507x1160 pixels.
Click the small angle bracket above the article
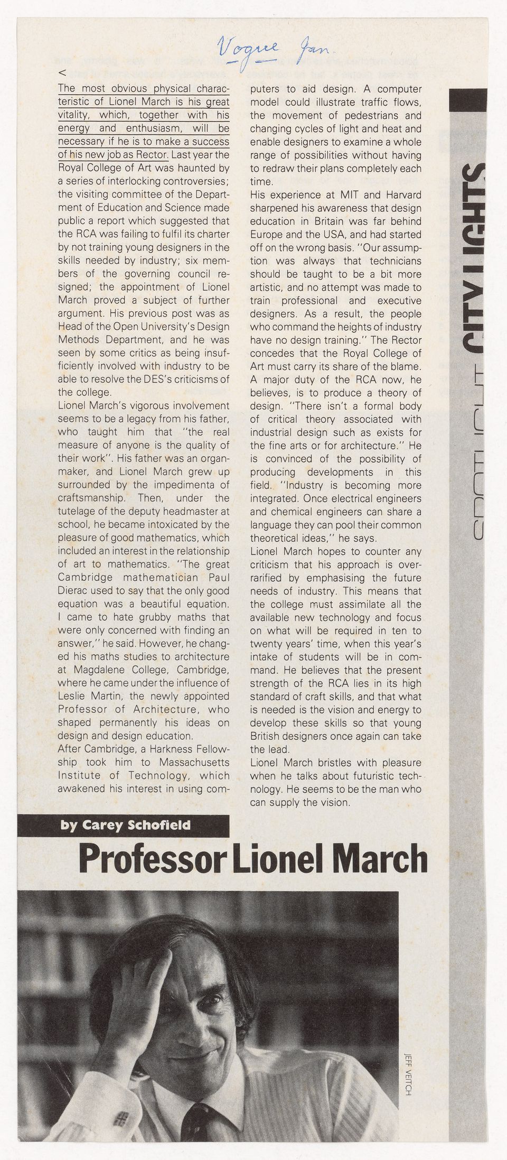click(x=62, y=72)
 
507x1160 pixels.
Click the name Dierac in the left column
click(x=76, y=591)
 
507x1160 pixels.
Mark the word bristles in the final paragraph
click(x=319, y=763)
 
